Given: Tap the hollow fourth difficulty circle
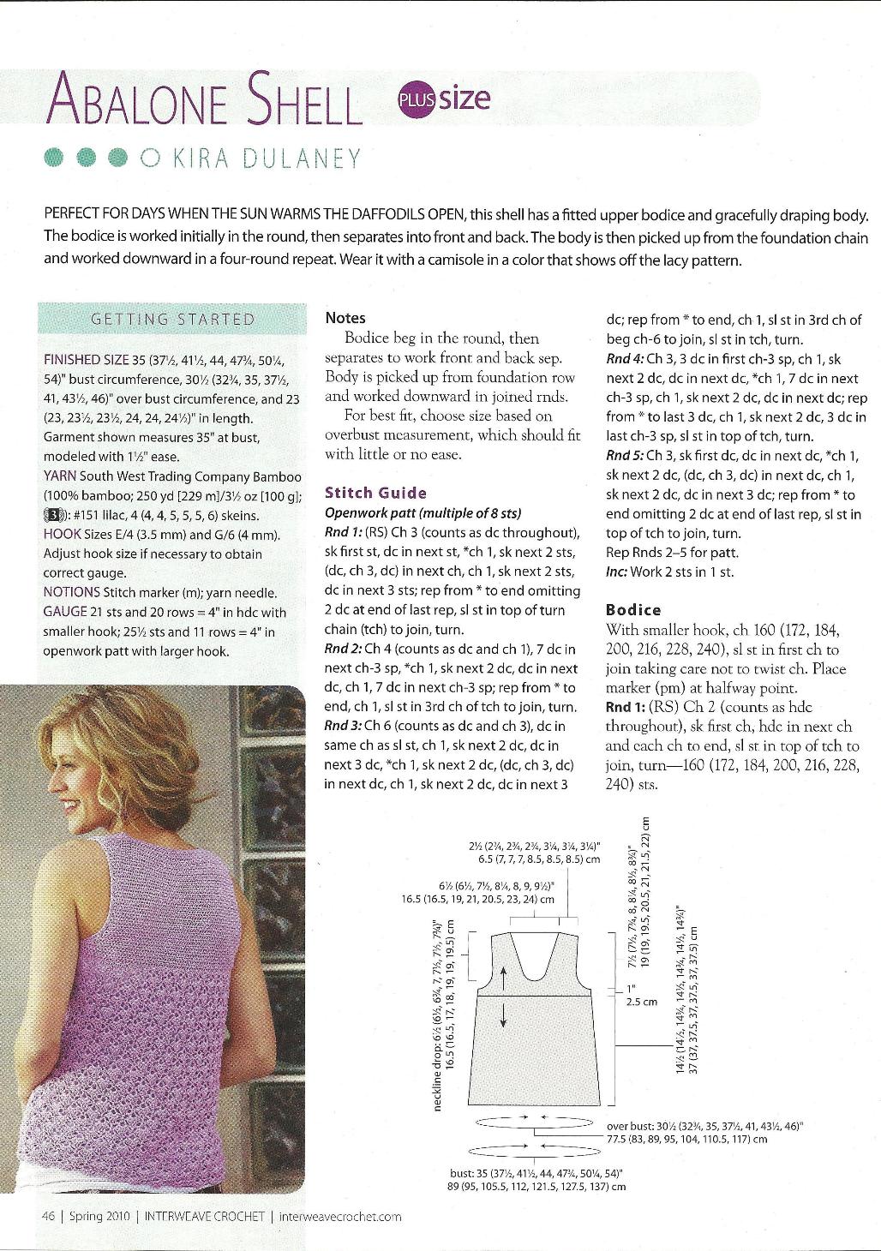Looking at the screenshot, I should pos(148,158).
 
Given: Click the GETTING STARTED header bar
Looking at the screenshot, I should pos(172,320).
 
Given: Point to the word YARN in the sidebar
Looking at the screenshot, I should pos(58,476).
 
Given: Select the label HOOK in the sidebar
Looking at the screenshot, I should pos(60,535).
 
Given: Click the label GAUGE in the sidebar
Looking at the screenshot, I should pos(65,612).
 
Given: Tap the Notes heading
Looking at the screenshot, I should pos(345,318).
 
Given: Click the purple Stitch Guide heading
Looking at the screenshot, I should pos(375,493).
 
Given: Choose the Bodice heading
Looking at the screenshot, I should pos(633,610).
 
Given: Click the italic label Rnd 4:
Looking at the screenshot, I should pos(625,360).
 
